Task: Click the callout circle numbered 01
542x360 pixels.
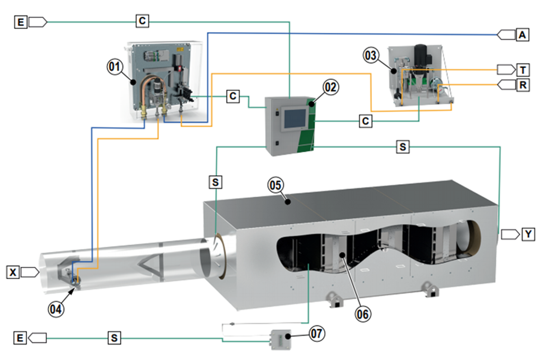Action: (114, 66)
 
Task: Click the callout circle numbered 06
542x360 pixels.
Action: (363, 313)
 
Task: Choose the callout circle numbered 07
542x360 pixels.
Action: (317, 333)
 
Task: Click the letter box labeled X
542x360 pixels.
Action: (13, 272)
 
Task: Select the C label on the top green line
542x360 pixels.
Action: (143, 21)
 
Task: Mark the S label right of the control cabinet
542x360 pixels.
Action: (402, 147)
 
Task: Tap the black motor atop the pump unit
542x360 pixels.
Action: (421, 55)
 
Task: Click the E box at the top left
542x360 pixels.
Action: (21, 21)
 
